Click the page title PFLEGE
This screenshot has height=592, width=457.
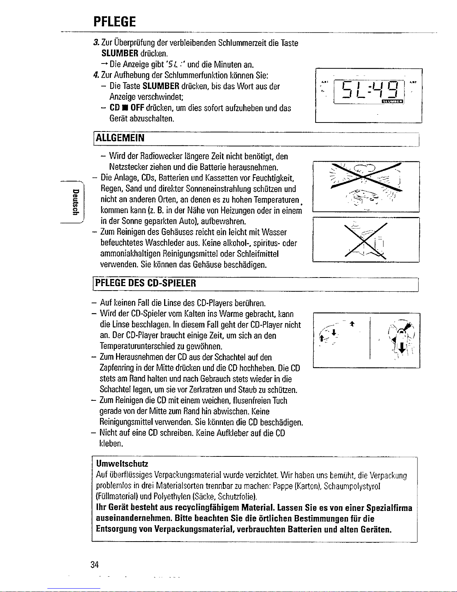point(115,22)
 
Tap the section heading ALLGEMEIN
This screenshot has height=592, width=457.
point(120,138)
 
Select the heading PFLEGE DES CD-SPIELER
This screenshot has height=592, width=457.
point(145,283)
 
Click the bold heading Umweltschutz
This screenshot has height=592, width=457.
point(122,464)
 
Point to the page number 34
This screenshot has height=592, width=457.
point(94,565)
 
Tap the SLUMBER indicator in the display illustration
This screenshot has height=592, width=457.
point(392,101)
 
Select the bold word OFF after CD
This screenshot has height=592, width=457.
point(137,108)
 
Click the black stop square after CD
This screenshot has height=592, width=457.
point(125,108)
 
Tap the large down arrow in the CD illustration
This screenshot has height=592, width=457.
point(401,348)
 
